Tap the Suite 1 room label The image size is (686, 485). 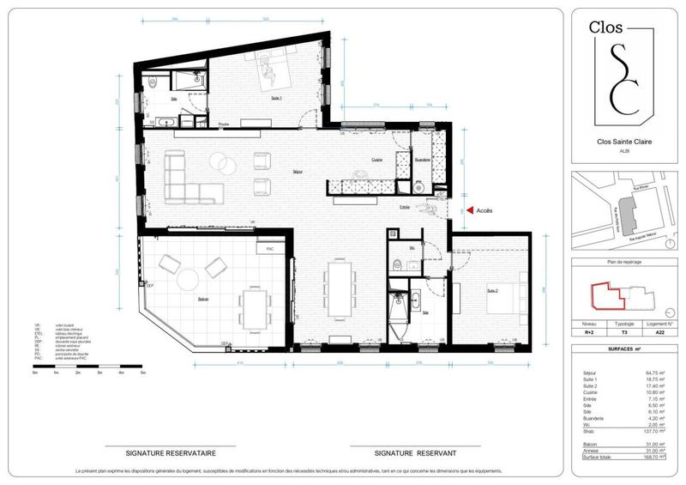(276, 99)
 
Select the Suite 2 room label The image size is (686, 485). (492, 291)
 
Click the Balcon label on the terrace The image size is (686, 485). (202, 299)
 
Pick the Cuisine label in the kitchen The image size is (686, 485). (376, 160)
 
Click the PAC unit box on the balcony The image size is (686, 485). (271, 250)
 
